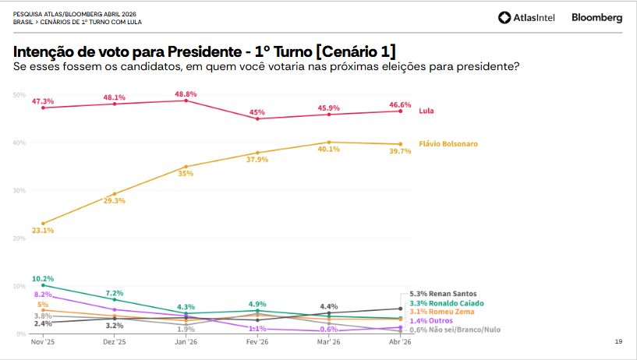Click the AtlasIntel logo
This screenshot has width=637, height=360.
tap(526, 18)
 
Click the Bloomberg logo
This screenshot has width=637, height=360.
tap(596, 18)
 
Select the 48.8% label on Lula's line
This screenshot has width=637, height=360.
tap(186, 94)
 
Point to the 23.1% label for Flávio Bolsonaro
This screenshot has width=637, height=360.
tap(43, 231)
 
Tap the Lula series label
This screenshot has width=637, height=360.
tap(426, 111)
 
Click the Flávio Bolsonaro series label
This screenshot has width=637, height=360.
tap(448, 144)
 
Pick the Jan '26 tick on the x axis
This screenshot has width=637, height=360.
tap(186, 342)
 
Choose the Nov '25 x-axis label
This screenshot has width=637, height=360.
tap(43, 342)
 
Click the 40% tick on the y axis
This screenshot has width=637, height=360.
tap(19, 143)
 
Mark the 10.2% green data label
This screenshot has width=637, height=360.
tap(43, 278)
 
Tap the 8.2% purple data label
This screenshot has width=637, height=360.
tap(43, 295)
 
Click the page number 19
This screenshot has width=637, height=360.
tap(618, 341)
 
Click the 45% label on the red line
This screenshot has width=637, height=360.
tap(257, 112)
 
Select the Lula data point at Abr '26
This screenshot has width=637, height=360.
tap(400, 111)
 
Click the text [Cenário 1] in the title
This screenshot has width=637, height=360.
tap(355, 51)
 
